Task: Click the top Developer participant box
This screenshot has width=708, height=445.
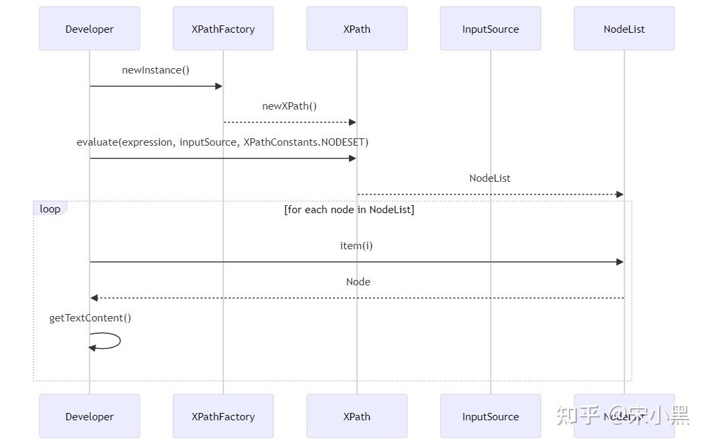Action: [x=90, y=29]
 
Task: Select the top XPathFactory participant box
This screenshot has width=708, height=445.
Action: [x=223, y=29]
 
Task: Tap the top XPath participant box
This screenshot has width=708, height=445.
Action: [x=357, y=29]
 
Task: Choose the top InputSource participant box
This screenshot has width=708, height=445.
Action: [x=491, y=29]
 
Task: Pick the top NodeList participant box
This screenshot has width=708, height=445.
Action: [x=624, y=29]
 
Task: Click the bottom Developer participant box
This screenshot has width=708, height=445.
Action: [x=90, y=416]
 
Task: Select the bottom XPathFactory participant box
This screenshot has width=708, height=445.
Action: [x=223, y=416]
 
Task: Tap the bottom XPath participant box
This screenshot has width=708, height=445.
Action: [x=357, y=416]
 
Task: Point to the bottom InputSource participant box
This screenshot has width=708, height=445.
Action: [x=491, y=416]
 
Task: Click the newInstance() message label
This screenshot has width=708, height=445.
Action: [x=156, y=70]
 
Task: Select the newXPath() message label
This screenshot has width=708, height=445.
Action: [x=289, y=106]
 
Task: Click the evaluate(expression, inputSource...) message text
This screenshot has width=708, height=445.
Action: [x=223, y=142]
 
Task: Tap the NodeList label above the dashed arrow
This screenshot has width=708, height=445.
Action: [x=490, y=178]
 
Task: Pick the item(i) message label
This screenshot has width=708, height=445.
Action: [x=356, y=246]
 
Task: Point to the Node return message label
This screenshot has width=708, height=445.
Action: [x=358, y=282]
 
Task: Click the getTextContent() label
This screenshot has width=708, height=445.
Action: [x=90, y=318]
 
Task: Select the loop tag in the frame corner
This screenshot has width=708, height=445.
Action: [x=50, y=209]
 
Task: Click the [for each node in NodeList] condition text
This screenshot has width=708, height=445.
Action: [x=349, y=210]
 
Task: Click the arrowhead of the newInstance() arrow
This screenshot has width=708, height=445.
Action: [x=218, y=86]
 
